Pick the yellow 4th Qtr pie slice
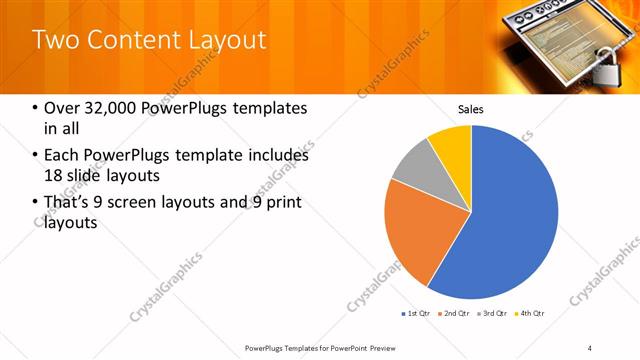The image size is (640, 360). (x=453, y=142)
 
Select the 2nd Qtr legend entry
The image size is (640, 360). (x=454, y=315)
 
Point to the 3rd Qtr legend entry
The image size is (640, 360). (x=492, y=315)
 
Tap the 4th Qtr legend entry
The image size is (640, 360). (x=529, y=315)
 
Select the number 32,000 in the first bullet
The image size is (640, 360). (x=101, y=108)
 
